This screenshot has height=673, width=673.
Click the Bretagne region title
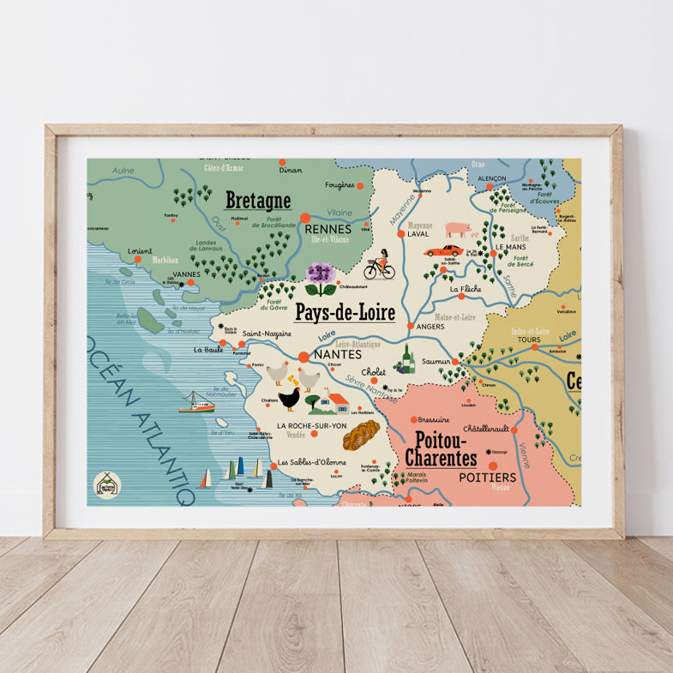click(257, 201)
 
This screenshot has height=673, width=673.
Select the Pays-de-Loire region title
click(345, 313)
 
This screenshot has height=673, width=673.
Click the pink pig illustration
click(458, 230)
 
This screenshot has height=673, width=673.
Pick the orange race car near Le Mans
click(443, 251)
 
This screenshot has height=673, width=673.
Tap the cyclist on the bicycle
click(379, 266)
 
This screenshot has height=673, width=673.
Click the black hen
click(289, 399)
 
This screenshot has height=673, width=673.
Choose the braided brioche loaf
click(361, 436)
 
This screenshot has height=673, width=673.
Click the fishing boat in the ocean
click(197, 402)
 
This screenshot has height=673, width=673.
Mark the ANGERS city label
click(431, 326)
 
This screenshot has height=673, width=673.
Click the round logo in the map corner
click(107, 484)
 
